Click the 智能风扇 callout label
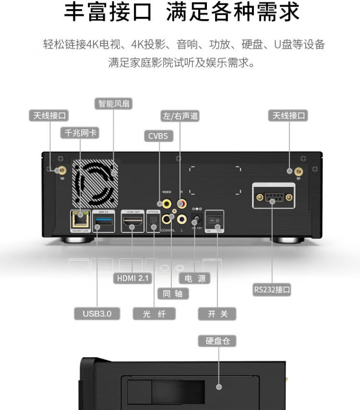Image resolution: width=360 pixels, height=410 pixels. point(114,104)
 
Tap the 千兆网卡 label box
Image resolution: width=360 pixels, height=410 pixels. point(79,133)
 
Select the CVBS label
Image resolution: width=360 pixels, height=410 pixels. point(158,136)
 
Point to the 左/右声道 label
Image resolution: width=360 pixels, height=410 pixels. point(180,116)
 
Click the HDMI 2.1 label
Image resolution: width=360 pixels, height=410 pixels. point(132,277)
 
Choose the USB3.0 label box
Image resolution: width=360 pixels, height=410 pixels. point(97,314)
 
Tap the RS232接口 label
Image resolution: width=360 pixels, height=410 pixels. point(272,289)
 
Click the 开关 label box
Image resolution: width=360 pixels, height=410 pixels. point(217,314)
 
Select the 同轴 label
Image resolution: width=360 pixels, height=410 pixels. point(173,293)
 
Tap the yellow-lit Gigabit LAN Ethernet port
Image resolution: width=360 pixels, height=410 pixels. point(80,220)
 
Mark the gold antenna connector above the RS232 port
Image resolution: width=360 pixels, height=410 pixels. point(298,171)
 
